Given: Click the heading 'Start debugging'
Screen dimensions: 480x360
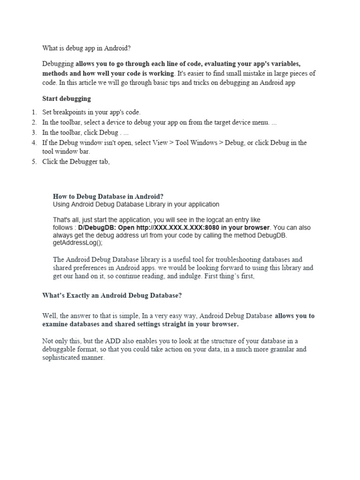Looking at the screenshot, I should click(x=67, y=98).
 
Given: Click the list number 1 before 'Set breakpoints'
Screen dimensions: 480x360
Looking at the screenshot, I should click(x=34, y=112).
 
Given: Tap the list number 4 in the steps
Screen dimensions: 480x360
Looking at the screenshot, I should click(x=34, y=142).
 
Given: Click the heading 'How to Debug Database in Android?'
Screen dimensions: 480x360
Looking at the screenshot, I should click(x=108, y=196).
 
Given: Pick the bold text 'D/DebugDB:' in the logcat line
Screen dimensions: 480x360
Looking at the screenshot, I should click(x=97, y=228).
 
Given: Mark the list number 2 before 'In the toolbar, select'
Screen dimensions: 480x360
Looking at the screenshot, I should click(x=34, y=122).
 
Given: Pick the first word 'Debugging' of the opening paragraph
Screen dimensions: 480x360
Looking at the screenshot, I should click(x=58, y=64).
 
